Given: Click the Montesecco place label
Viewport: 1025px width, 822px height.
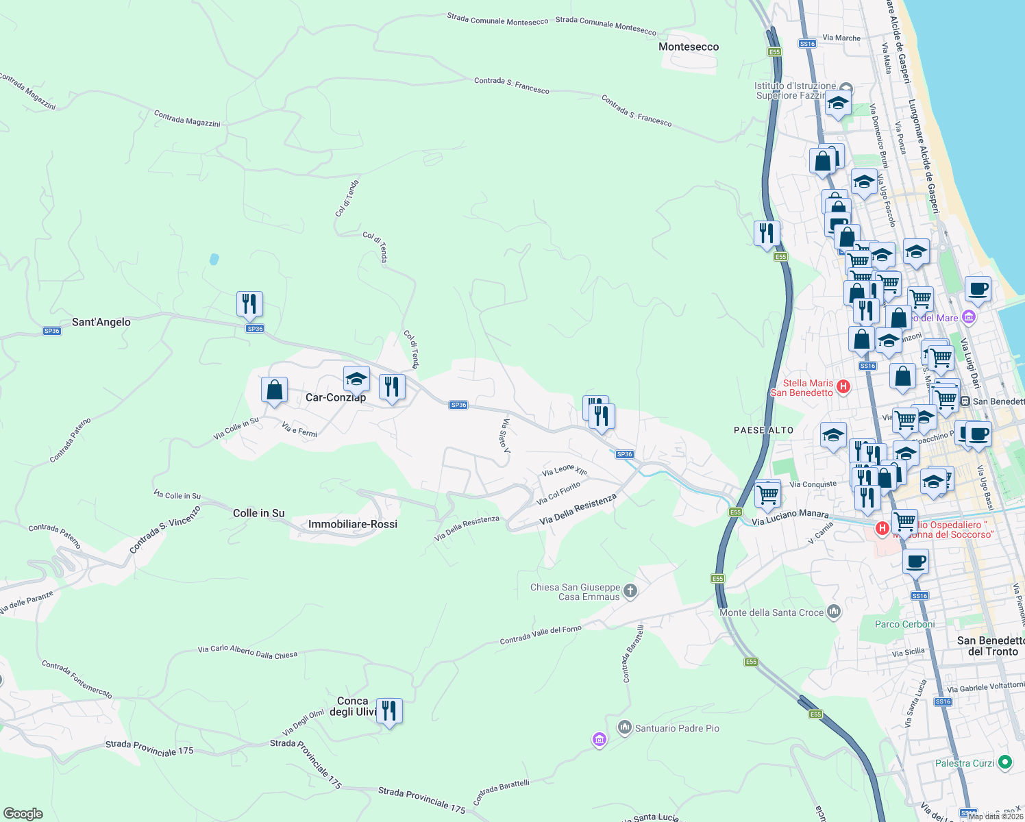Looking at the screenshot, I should coord(689,47).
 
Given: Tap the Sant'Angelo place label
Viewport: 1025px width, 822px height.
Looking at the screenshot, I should coord(101,322).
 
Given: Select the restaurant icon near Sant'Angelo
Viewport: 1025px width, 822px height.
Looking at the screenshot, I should coord(249,303).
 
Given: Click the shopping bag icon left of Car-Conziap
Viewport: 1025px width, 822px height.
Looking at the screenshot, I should coord(274,390).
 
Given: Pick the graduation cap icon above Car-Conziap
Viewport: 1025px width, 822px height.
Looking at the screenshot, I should coord(356,379).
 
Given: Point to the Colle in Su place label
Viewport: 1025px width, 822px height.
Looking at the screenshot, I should coord(258,513).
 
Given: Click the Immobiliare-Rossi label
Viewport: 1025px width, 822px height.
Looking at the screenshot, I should coord(353,524).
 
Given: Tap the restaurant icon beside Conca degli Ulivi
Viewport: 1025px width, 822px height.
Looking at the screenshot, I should coord(388,710).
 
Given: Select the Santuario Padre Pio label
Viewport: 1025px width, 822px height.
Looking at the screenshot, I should coord(677,728).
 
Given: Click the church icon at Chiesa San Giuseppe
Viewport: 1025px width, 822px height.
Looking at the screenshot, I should coord(630,590).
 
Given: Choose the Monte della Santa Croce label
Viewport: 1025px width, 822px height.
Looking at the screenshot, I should coord(771,612).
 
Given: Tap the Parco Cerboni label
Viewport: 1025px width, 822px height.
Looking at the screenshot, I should coord(904,624).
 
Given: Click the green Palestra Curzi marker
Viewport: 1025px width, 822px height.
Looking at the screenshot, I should coord(1005,762).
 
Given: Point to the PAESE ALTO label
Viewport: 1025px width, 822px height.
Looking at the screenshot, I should coord(763,430).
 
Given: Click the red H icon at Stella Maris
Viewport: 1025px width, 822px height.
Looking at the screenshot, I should coord(843,386).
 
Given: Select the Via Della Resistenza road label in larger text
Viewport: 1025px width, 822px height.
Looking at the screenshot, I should coord(578,510).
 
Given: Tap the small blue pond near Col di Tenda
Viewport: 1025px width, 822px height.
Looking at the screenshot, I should coord(214,259).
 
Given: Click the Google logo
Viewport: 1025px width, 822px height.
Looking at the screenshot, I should coord(23,814).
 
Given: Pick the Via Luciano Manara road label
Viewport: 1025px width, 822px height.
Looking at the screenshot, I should coord(790,517).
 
